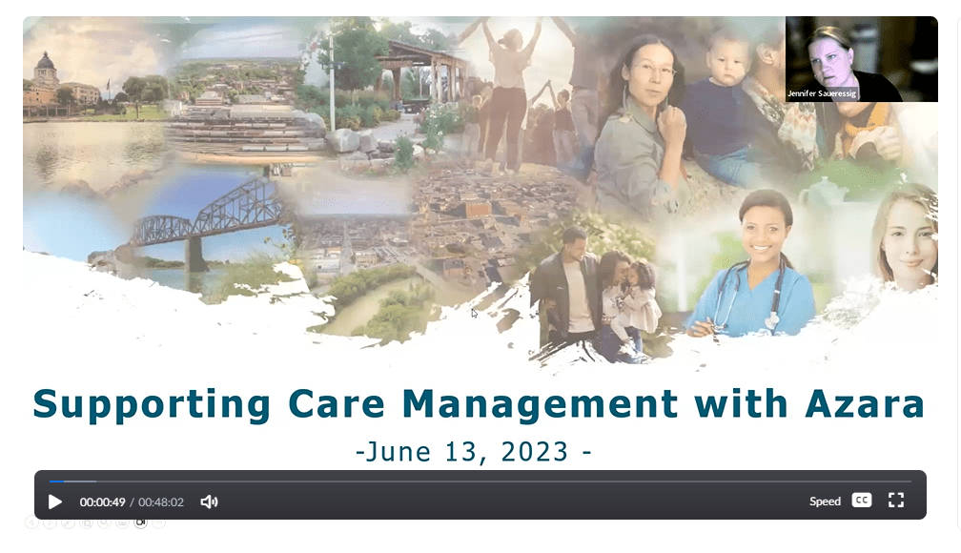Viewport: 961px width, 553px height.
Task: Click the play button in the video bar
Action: (x=55, y=502)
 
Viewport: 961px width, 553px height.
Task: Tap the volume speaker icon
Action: (x=209, y=502)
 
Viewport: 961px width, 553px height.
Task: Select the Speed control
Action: (x=825, y=502)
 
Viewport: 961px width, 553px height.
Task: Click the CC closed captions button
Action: (x=862, y=501)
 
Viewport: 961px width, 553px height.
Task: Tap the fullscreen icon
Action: (x=896, y=501)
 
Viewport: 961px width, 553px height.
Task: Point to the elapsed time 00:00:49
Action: (x=102, y=502)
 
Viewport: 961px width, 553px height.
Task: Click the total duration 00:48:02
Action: (x=160, y=502)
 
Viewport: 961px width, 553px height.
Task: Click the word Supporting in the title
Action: (x=152, y=404)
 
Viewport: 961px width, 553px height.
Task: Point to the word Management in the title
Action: (x=540, y=404)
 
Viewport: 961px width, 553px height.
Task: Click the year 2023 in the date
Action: (x=535, y=452)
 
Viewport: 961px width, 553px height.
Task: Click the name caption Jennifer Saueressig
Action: (x=822, y=93)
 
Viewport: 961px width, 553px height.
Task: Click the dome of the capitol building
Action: (x=46, y=62)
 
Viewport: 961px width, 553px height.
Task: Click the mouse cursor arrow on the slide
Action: (x=475, y=314)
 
